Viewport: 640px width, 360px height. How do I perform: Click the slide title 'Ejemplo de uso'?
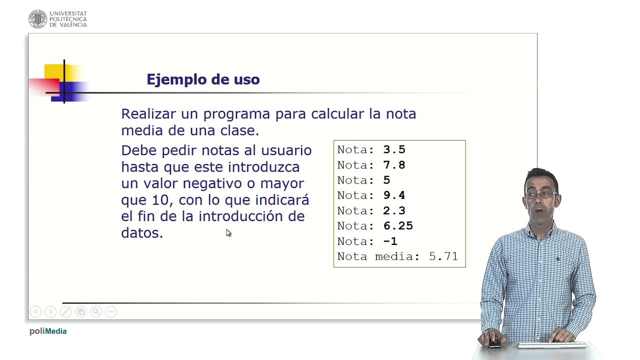[203, 79]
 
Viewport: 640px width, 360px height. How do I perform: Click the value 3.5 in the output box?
[394, 149]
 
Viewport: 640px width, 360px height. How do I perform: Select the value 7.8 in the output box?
[394, 165]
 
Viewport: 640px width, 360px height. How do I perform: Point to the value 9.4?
[394, 195]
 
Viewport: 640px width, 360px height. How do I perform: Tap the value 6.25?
[398, 226]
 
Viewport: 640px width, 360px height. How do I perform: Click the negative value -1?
[390, 241]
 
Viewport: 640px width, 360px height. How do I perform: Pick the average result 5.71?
[443, 256]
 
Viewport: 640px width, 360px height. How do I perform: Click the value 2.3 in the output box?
[394, 210]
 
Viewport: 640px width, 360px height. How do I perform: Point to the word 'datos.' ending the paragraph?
[142, 232]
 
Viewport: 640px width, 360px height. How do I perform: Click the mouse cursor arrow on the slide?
[228, 232]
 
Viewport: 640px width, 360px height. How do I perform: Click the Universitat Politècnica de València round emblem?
[37, 19]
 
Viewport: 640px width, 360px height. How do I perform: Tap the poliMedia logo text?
[48, 331]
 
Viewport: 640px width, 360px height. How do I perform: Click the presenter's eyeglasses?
[541, 194]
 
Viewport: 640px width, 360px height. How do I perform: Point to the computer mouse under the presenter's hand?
[494, 343]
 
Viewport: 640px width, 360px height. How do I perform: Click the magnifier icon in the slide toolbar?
[95, 311]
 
